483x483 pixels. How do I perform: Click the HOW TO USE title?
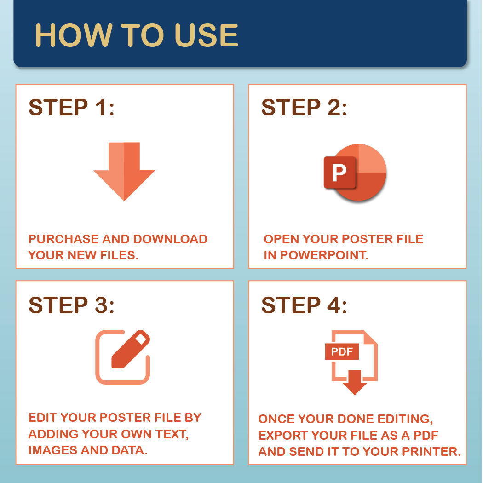[x=137, y=35]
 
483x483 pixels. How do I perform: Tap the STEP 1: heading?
[x=71, y=108]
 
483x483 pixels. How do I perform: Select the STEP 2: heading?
[x=304, y=108]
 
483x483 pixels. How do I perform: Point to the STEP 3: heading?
[x=71, y=305]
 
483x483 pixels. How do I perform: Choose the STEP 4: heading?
[x=304, y=305]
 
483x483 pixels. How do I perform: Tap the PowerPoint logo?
[x=355, y=172]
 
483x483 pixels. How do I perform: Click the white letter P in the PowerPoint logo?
[x=339, y=172]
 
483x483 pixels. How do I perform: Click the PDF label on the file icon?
[x=342, y=352]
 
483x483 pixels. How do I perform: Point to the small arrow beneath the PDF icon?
[x=355, y=382]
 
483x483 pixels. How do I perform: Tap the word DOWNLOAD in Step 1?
[x=170, y=239]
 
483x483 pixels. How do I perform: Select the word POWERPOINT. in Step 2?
[x=324, y=255]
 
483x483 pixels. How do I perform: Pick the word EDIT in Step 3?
[x=43, y=418]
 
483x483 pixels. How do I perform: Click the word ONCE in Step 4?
[x=276, y=419]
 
